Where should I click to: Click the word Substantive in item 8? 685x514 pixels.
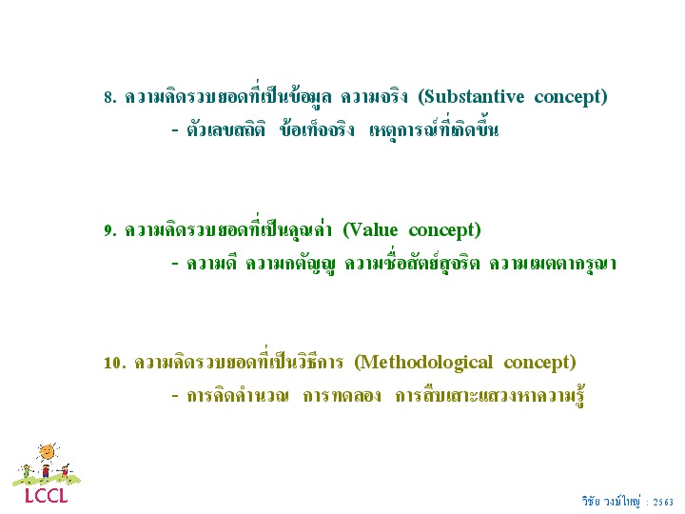click(471, 96)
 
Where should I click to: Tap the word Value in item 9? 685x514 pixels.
click(370, 230)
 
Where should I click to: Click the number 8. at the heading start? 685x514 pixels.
click(110, 97)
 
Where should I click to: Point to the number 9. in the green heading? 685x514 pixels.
click(110, 230)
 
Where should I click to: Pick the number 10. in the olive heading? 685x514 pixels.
click(115, 363)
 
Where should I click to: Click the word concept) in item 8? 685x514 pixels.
click(571, 97)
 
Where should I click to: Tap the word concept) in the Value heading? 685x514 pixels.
click(444, 230)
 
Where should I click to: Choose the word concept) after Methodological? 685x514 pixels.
click(540, 363)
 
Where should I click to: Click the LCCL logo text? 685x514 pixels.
click(47, 496)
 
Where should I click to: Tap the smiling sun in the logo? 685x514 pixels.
click(47, 452)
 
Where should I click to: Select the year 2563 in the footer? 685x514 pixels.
click(663, 503)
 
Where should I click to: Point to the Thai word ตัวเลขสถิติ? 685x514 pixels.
click(225, 130)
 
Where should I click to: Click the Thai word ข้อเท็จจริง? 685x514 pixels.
click(317, 128)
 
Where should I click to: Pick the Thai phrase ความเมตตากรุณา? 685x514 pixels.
click(552, 264)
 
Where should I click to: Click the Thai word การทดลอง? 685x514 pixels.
click(342, 396)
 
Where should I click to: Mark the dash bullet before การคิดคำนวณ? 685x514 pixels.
click(175, 396)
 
